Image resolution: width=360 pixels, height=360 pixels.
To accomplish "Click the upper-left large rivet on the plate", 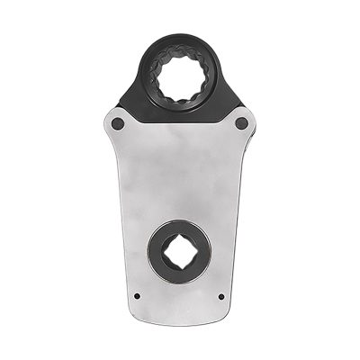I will pos(118,121).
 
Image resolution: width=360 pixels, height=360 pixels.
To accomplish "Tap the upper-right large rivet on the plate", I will pos(241,121).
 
